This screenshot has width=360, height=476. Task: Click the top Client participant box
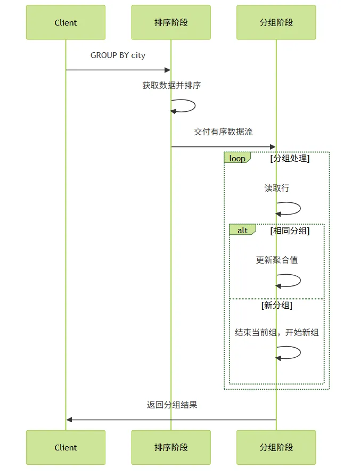[x=66, y=22]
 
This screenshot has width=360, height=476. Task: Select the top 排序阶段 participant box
[x=171, y=22]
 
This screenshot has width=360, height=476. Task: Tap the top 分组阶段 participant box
[x=276, y=22]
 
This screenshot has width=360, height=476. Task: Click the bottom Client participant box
[x=66, y=447]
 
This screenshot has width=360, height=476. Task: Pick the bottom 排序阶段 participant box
[x=171, y=447]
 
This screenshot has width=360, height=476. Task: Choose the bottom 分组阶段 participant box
[x=276, y=447]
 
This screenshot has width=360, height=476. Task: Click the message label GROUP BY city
[x=118, y=55]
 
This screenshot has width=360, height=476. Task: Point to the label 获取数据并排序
[x=171, y=85]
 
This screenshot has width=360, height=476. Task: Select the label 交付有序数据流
[x=223, y=132]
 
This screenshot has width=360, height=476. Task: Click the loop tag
[x=237, y=158]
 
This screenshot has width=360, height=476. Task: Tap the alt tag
[x=242, y=230]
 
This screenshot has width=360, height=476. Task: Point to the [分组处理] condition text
[x=290, y=158]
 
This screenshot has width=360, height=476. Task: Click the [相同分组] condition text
[x=290, y=231]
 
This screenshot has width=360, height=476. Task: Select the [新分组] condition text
[x=277, y=305]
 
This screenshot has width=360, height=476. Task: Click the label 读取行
[x=277, y=188]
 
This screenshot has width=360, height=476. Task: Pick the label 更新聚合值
[x=277, y=260]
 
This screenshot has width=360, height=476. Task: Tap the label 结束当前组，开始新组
[x=277, y=332]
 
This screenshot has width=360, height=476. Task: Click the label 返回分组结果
[x=172, y=405]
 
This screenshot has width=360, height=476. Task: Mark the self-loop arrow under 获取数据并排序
[x=195, y=105]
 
